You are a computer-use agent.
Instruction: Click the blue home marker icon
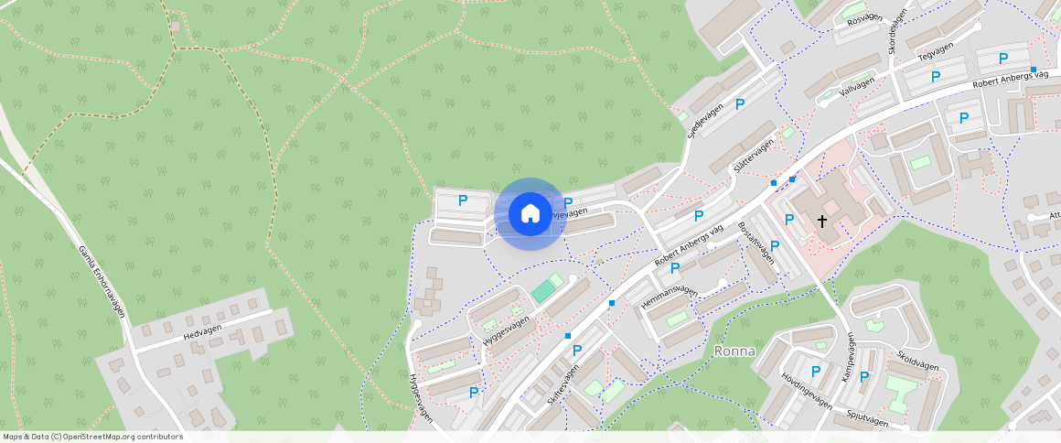(530, 213)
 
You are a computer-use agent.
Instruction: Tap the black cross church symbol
(821, 221)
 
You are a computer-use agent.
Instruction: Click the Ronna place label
(734, 351)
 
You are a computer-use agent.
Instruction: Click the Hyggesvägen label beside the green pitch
(506, 330)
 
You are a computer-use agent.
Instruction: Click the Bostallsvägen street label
(756, 243)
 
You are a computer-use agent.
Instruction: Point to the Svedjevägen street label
(705, 120)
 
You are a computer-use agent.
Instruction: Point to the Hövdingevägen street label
(807, 390)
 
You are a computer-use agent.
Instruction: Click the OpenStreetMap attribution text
(91, 437)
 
